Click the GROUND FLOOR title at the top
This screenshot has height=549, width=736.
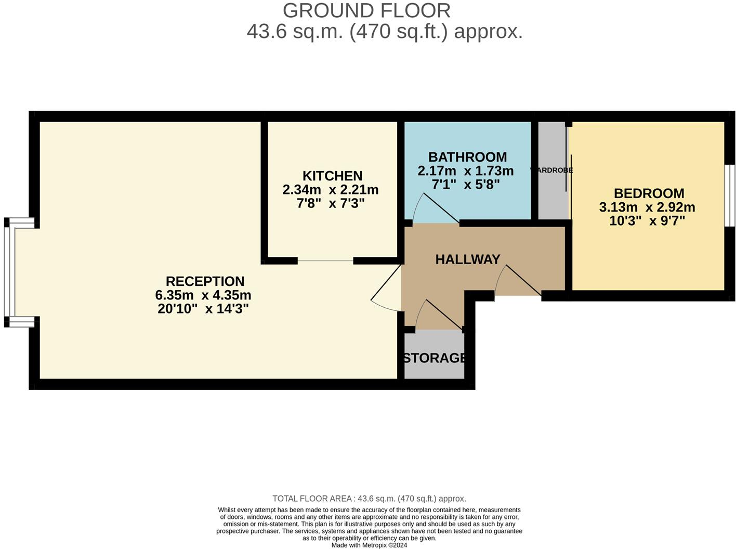pyautogui.click(x=366, y=11)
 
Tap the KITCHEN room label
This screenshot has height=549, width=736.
pyautogui.click(x=333, y=176)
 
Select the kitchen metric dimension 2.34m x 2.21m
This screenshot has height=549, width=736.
pyautogui.click(x=331, y=190)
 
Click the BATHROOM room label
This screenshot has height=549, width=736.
pyautogui.click(x=467, y=157)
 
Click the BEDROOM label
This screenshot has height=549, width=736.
pyautogui.click(x=649, y=193)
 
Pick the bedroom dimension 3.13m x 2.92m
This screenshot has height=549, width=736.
pyautogui.click(x=647, y=207)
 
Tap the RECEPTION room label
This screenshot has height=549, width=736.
pyautogui.click(x=205, y=282)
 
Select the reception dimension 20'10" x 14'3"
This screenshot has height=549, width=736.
pyautogui.click(x=203, y=309)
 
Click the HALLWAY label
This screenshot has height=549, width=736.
pyautogui.click(x=468, y=259)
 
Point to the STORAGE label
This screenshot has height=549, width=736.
pyautogui.click(x=435, y=358)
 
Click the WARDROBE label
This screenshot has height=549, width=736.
pyautogui.click(x=551, y=171)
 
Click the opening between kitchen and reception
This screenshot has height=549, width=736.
pyautogui.click(x=325, y=260)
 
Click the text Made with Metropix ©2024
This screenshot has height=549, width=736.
pyautogui.click(x=369, y=545)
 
